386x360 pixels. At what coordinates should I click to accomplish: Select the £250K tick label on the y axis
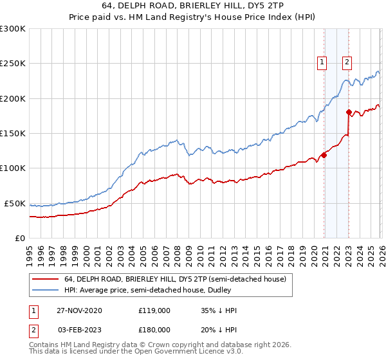13,64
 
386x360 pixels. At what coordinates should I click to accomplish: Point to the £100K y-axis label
13,168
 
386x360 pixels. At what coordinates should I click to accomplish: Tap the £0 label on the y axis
19,238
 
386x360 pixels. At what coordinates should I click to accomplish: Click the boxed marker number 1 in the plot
321,62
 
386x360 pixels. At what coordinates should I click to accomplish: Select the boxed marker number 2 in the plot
347,62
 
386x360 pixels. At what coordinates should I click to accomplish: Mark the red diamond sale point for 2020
324,155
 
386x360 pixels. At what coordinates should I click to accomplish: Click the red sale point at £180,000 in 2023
349,113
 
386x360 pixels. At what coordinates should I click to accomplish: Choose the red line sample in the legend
45,278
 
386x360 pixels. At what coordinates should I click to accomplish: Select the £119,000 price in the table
154,310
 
